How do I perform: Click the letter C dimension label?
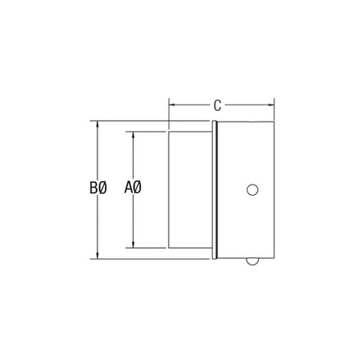tap(217, 104)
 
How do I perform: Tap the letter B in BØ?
tap(94, 189)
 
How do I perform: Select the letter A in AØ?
tap(129, 189)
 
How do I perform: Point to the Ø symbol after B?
tap(103, 189)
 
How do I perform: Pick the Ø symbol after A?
tap(138, 189)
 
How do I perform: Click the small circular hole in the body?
tap(252, 189)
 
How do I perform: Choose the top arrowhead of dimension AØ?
tap(133, 132)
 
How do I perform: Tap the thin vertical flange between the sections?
tap(216, 189)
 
